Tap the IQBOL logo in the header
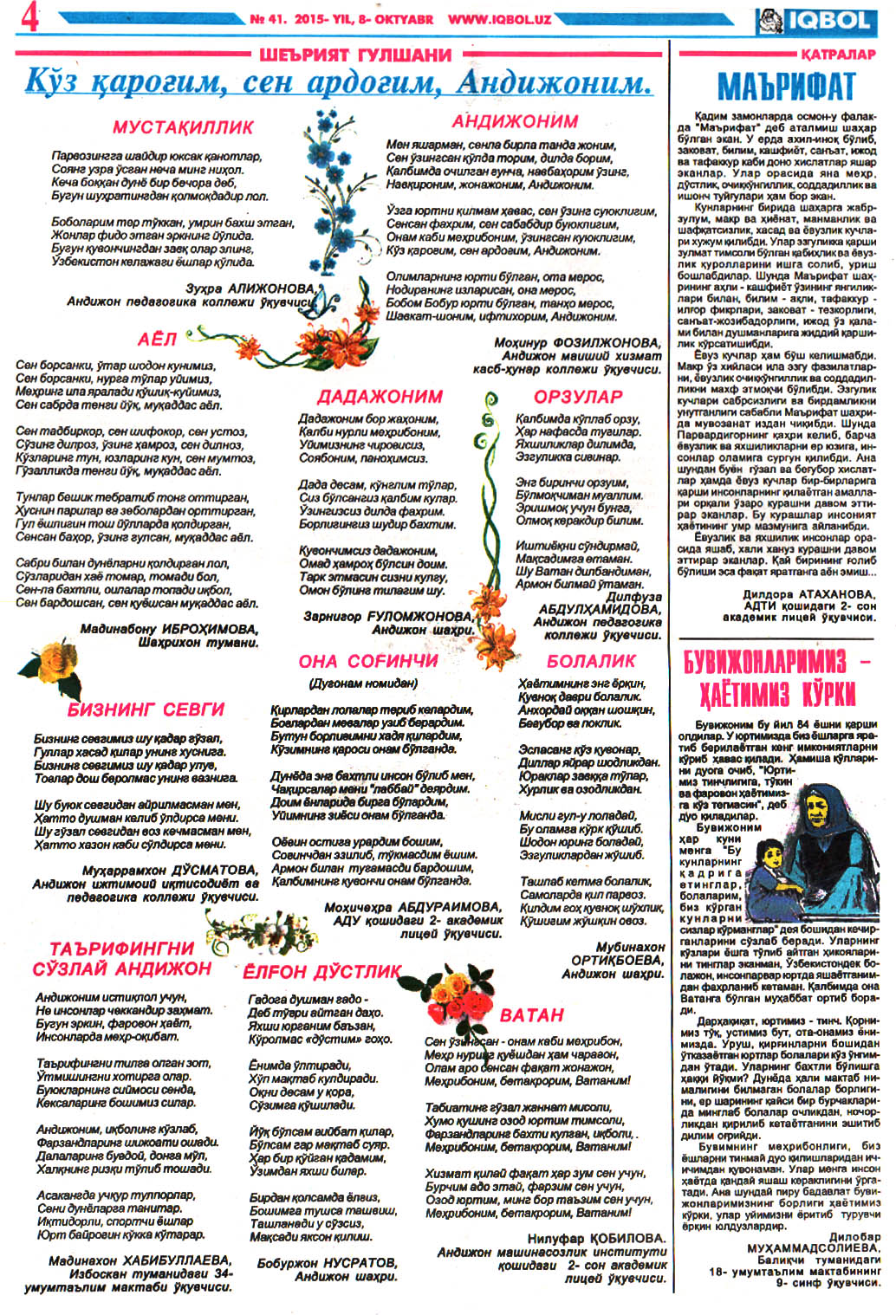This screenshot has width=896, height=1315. point(814,19)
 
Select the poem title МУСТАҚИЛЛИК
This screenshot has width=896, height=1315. point(183,127)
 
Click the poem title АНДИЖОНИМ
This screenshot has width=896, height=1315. point(515,121)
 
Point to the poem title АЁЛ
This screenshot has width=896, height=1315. point(157,339)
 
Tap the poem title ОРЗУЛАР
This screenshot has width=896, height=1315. point(578,397)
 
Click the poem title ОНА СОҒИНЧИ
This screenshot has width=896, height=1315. point(368,661)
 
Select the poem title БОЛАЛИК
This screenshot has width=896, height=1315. point(591,661)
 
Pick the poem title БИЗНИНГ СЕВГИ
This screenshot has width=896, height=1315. point(146,709)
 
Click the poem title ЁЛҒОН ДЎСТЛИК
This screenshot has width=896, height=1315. point(322,972)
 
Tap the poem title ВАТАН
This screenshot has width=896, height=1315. point(531,1015)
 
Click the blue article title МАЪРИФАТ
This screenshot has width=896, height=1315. point(786,87)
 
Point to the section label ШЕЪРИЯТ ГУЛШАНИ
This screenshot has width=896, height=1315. point(355,55)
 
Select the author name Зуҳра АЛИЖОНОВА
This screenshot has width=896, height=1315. point(250,288)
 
